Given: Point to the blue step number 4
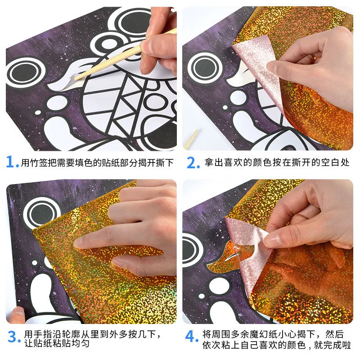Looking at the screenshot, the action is [x=191, y=336].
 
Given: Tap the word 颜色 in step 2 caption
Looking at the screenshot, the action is [x=262, y=162].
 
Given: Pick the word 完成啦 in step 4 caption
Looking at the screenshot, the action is [x=337, y=345].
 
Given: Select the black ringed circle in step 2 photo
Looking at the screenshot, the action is [x=205, y=67].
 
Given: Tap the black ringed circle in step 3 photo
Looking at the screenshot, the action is [x=42, y=213].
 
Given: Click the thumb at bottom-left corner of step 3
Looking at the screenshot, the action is [x=16, y=315].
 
